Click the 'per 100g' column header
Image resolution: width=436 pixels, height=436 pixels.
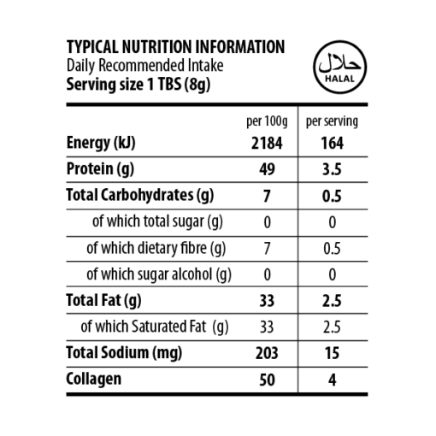[x=267, y=121]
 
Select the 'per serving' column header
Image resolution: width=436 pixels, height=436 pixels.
[x=332, y=121]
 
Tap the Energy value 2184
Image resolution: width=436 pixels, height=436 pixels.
[x=267, y=143]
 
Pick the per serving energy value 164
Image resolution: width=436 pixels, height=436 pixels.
[x=333, y=143]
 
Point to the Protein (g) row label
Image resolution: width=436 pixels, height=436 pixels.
[x=100, y=169]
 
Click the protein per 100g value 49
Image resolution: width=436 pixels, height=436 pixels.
[x=267, y=169]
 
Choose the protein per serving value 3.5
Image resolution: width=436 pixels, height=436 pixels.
[x=332, y=169]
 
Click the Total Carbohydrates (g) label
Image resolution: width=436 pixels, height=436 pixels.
[x=140, y=196]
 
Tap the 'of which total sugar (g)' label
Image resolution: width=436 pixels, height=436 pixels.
[x=157, y=221]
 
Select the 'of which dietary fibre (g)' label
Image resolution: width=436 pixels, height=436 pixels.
[x=156, y=248]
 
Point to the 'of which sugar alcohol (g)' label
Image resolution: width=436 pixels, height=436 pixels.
[x=159, y=274]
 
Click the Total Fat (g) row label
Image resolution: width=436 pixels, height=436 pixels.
[x=103, y=301]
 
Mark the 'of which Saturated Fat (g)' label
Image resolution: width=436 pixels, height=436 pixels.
[x=155, y=327]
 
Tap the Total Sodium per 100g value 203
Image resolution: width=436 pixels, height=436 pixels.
[x=267, y=353]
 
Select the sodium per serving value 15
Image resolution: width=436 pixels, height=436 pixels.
[x=332, y=353]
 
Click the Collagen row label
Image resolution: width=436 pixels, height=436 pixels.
[x=94, y=380]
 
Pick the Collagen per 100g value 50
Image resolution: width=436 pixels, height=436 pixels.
[x=267, y=380]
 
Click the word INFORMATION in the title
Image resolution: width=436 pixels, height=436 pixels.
[x=240, y=47]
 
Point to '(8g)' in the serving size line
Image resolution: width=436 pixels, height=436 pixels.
[x=197, y=85]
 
